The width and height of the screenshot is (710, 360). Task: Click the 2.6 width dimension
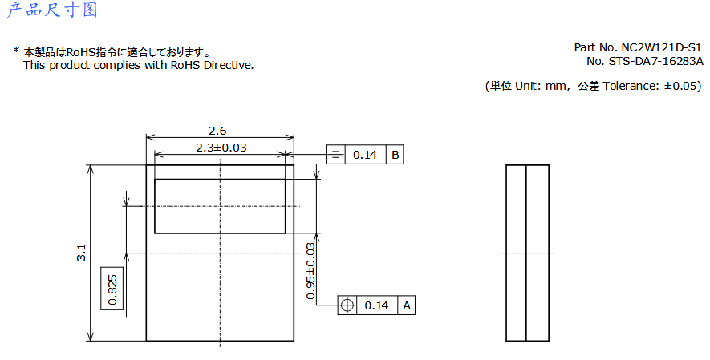(217, 131)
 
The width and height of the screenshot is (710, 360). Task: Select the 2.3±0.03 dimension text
(221, 148)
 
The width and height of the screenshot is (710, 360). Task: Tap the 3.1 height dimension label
(81, 253)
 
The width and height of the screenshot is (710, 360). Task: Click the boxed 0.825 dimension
(112, 289)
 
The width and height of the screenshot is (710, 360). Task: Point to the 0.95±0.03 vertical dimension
(310, 271)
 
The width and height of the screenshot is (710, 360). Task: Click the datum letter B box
(395, 155)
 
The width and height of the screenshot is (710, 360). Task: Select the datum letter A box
(407, 305)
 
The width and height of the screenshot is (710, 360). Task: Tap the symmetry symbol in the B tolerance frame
(335, 155)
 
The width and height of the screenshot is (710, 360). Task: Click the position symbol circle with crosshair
(347, 305)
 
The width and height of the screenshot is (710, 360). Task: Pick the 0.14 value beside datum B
(365, 155)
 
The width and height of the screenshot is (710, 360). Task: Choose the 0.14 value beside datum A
(377, 305)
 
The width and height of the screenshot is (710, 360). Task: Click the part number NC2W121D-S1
(661, 47)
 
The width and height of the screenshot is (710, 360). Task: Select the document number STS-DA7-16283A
(655, 61)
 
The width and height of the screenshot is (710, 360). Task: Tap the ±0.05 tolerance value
(682, 86)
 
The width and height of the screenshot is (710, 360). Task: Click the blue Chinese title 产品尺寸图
(52, 10)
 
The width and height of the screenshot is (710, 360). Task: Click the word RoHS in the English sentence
(185, 65)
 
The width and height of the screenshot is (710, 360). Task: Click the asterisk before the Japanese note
(16, 51)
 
